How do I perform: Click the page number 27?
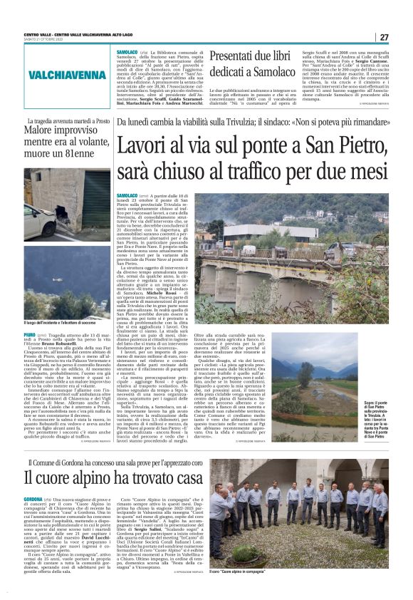click(x=384, y=37)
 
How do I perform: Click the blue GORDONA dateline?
click(x=33, y=500)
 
